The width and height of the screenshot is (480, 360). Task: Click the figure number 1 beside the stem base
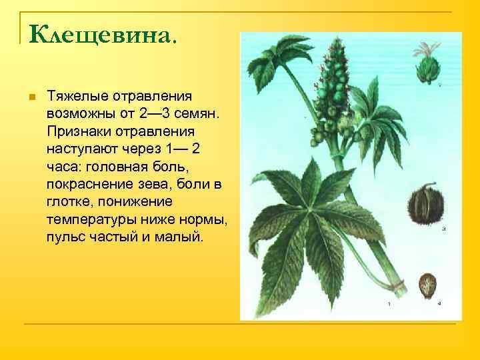(389, 303)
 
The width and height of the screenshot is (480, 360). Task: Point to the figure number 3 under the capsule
(443, 229)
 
